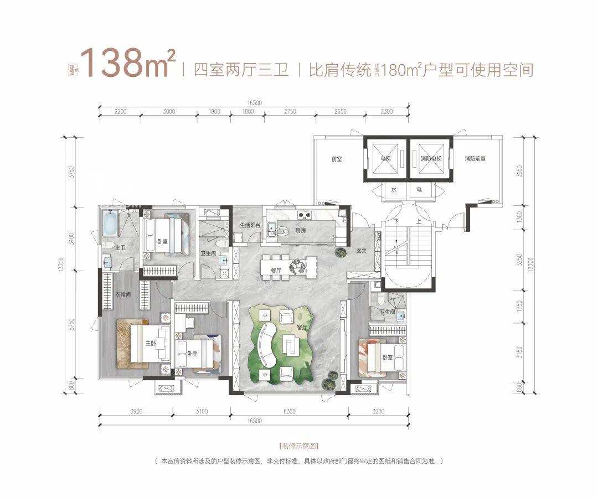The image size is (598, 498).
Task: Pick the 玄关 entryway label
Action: [362, 251]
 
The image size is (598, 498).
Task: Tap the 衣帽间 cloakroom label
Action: [123, 295]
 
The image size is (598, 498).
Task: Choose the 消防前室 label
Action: [475, 159]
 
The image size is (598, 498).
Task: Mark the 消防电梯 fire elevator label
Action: [431, 159]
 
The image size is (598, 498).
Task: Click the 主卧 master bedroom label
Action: [149, 344]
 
